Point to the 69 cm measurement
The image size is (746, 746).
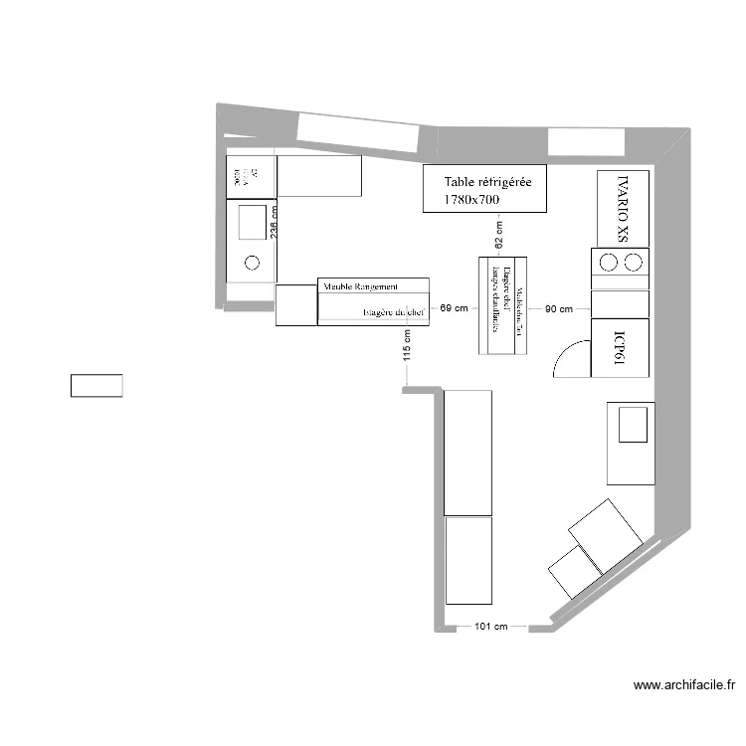(453, 309)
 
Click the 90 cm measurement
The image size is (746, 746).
(557, 309)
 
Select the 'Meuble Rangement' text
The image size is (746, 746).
(360, 286)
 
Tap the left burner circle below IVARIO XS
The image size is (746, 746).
(608, 263)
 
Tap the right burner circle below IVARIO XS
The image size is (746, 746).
(632, 263)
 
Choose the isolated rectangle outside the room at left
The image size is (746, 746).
(96, 386)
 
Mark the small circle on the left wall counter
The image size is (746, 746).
(252, 263)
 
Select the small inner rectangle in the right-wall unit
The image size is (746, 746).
(633, 424)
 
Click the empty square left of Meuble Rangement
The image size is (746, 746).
(295, 305)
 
